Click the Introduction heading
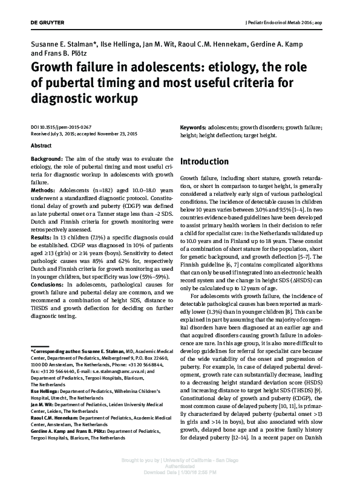(205, 162)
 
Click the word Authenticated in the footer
(179, 467)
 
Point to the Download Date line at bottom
(179, 473)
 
